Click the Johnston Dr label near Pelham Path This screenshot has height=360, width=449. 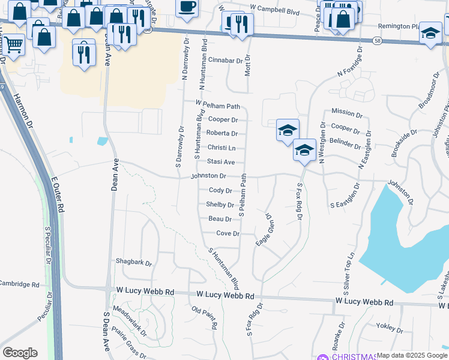point(208,176)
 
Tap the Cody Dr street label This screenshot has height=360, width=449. point(220,190)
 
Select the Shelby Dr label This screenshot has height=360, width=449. point(220,205)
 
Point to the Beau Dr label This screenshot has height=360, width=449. point(220,219)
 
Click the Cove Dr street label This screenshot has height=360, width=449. point(228,233)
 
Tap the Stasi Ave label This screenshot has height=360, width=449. point(220,162)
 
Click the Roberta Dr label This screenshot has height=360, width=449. point(221,133)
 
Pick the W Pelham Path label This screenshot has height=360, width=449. point(217,106)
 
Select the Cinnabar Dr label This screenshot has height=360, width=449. point(225,61)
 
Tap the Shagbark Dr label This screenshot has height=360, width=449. point(134,263)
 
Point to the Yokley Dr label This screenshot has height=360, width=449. point(390,328)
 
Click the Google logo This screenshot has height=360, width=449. point(20,353)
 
